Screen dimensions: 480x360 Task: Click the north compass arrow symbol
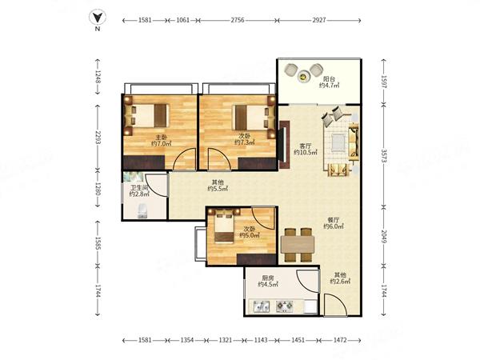pos(98,18)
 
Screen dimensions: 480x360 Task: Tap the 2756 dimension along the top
pos(238,20)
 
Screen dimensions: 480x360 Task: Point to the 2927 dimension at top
pos(318,20)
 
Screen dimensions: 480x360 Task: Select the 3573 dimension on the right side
pos(384,156)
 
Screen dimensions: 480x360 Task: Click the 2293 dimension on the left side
pos(98,138)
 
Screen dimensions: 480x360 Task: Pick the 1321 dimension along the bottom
pos(226,340)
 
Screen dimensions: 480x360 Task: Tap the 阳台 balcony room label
pos(329,79)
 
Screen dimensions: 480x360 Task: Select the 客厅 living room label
pos(306,146)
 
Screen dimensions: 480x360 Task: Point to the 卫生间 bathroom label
pos(139,188)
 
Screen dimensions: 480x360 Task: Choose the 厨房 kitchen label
pos(268,278)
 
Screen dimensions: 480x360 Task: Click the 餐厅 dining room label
pos(334,220)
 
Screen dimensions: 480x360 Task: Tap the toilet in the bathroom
pos(142,211)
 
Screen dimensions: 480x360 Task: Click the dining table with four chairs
pos(298,245)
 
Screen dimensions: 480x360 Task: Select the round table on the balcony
pos(303,76)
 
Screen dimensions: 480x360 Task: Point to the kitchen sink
pos(262,306)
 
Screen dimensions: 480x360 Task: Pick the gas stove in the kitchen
pos(285,306)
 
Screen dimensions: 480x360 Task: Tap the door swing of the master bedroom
pos(185,158)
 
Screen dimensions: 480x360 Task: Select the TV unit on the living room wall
pos(284,145)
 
